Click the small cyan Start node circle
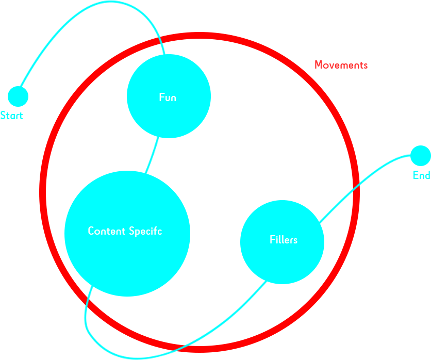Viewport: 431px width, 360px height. click(x=18, y=96)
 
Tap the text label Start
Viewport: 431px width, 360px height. click(x=11, y=116)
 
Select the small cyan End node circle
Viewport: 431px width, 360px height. click(x=420, y=156)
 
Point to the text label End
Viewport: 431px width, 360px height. click(x=421, y=175)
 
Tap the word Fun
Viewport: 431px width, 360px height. click(x=168, y=97)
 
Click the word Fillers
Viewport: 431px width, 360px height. click(x=284, y=240)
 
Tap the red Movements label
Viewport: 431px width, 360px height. click(x=341, y=65)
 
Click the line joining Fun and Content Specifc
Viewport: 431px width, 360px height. click(x=152, y=155)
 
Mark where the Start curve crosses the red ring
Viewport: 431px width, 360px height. click(x=161, y=38)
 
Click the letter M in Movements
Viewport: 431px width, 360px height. click(x=319, y=65)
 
